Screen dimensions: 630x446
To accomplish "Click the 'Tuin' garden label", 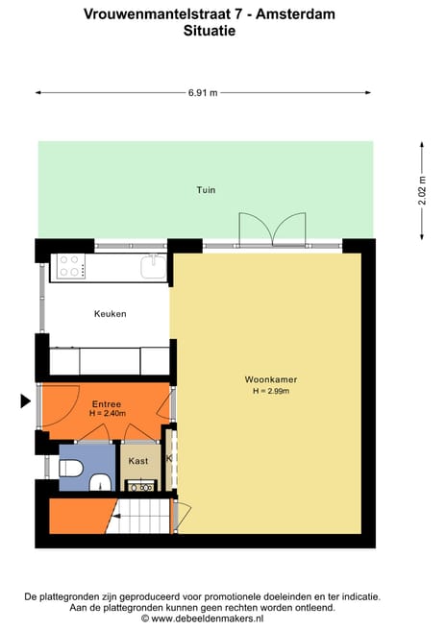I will tap(205, 190).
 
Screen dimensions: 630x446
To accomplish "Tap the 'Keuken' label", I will tap(110, 314).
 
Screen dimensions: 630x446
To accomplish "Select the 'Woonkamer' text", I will tap(270, 379).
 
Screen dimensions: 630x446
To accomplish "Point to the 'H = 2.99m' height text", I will tap(271, 392).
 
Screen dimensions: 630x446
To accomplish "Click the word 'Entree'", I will tap(107, 403).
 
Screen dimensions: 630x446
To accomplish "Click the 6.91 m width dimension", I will tap(203, 92).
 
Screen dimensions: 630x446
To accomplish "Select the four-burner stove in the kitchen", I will tap(72, 266).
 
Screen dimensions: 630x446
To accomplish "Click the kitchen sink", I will tap(152, 266).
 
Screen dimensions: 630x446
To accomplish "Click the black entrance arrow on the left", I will tap(25, 401).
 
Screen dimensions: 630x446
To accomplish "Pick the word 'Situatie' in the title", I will tap(210, 31).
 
